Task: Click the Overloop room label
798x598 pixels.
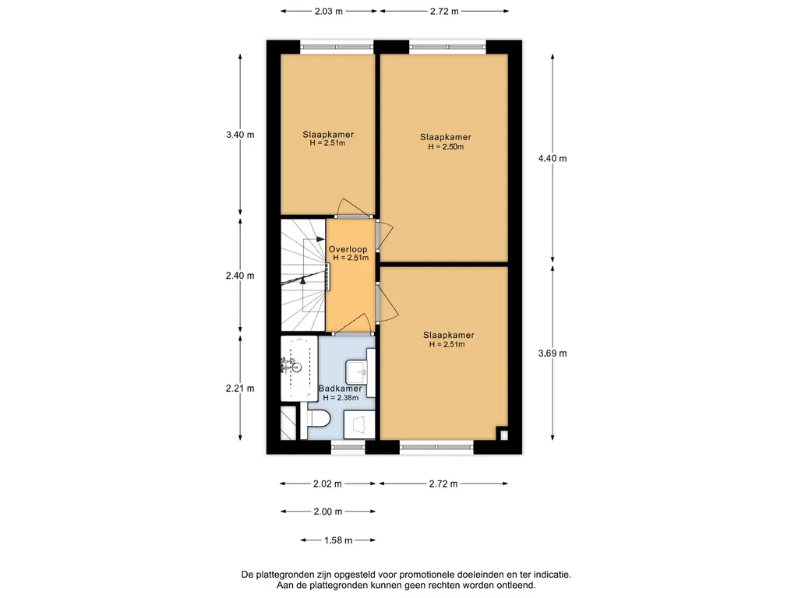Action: coord(348,249)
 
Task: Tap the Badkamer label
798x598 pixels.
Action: coord(340,389)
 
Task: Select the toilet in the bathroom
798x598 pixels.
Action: coord(319,420)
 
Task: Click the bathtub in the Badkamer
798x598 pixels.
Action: coord(299,368)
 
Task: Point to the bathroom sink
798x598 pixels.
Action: coord(358,372)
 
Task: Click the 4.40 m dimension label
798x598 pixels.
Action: coord(553,159)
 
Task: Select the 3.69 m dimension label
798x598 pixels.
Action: coord(553,354)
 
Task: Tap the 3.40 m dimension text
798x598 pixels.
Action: coord(240,135)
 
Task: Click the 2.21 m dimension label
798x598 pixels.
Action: coord(240,389)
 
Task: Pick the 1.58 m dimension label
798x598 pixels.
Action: coord(338,540)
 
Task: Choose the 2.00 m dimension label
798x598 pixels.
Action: coord(328,512)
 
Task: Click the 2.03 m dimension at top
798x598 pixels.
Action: coord(329,11)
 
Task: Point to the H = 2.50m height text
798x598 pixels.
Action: coord(446,147)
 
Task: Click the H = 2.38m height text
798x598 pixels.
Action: coord(341,398)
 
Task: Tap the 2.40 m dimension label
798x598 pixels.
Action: coord(240,276)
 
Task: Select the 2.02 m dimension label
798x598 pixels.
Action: coord(328,484)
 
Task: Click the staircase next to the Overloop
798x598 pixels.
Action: coord(304,275)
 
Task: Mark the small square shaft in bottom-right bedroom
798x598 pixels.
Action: coord(503,435)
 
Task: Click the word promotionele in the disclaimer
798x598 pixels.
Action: coord(428,575)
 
